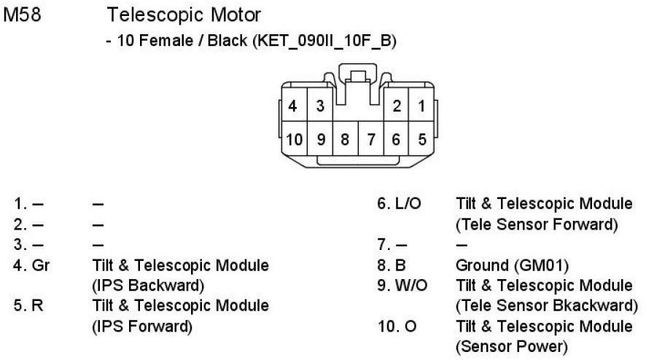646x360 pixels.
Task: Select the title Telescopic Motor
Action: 183,15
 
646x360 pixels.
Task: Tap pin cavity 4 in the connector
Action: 293,106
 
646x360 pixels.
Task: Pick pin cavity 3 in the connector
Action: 319,106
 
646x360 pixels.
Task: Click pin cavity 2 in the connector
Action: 397,106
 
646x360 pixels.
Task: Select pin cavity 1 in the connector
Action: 421,106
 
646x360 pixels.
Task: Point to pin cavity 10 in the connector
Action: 294,138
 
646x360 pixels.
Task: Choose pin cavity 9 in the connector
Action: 319,138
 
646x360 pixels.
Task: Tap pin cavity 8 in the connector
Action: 345,138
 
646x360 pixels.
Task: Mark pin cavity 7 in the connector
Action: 370,138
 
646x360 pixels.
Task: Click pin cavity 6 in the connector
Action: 396,138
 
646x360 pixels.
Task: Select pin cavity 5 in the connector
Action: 421,138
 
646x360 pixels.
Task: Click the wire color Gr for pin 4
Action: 42,265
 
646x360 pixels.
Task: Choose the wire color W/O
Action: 410,285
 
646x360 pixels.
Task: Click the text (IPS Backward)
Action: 147,285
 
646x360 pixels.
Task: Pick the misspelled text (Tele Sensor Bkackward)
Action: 546,305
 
